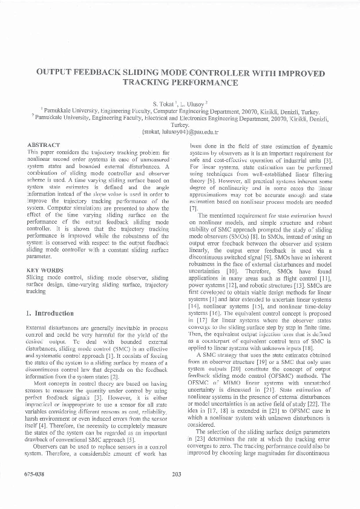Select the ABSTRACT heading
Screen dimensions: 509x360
[44, 146]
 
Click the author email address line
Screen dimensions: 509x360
[180, 131]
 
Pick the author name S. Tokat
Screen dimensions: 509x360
[165, 104]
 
